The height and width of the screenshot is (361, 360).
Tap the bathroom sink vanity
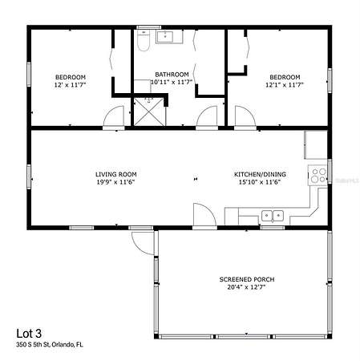click(x=169, y=37)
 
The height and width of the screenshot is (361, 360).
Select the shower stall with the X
click(x=149, y=112)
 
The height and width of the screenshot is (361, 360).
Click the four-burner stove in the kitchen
click(x=318, y=175)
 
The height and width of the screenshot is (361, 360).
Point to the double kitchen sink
click(x=273, y=216)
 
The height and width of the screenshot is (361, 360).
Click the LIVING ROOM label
click(x=116, y=174)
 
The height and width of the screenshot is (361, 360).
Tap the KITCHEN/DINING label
click(x=260, y=174)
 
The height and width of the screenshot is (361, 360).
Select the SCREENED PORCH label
click(x=247, y=279)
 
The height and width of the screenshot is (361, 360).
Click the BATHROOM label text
click(x=172, y=75)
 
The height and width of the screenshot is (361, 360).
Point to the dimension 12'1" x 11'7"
click(x=285, y=85)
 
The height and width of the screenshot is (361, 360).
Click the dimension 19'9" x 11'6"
click(x=115, y=182)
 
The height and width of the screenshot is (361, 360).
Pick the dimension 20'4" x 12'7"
click(x=246, y=287)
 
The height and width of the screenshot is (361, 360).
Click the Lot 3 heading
click(x=29, y=334)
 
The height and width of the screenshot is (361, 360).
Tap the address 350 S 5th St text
click(x=33, y=344)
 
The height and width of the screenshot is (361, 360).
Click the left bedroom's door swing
click(x=114, y=117)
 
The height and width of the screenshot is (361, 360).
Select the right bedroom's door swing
click(x=245, y=117)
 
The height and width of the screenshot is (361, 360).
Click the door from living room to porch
click(x=204, y=216)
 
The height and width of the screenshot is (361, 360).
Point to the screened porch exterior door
click(x=144, y=242)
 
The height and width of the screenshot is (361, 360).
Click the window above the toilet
click(x=149, y=27)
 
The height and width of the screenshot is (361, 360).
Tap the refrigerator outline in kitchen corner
click(x=316, y=145)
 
